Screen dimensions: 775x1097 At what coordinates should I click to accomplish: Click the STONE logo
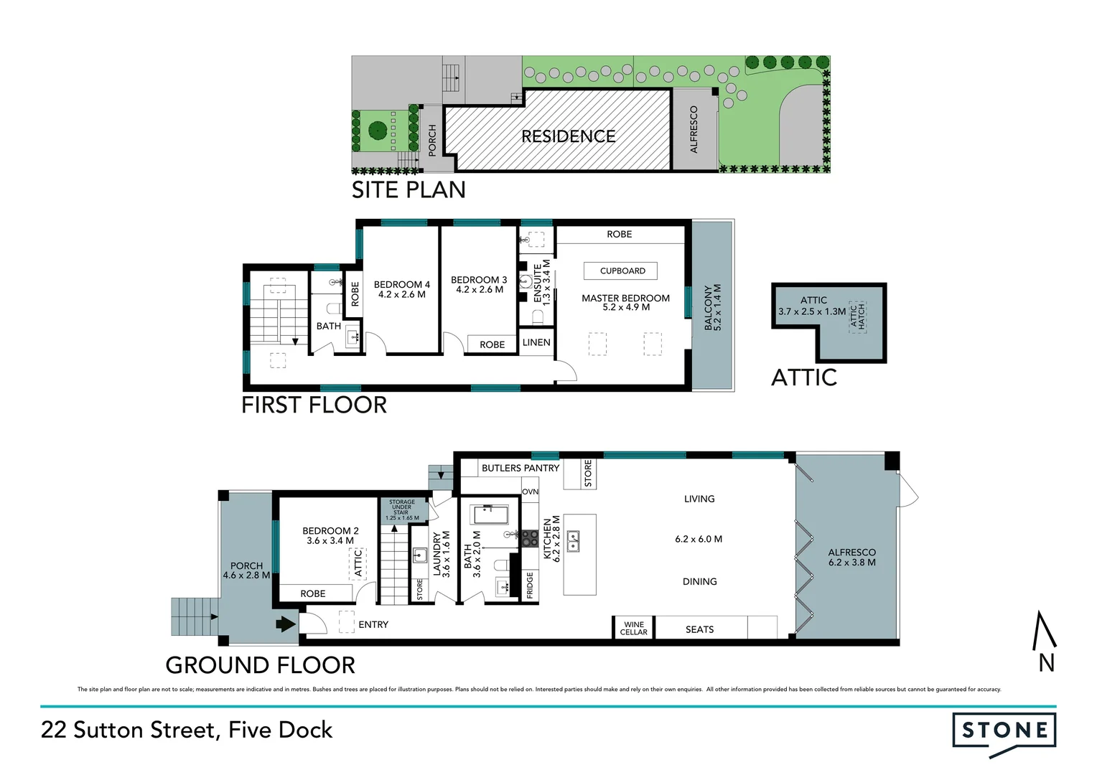[x=1004, y=731]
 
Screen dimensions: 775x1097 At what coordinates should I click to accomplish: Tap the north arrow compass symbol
[x=1045, y=642]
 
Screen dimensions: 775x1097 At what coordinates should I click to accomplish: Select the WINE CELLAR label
[x=633, y=629]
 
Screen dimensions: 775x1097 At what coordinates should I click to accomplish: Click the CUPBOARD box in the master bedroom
[x=622, y=271]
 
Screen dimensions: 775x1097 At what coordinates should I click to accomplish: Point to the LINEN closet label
[x=536, y=342]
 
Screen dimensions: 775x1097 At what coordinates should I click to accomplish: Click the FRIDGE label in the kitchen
[x=530, y=585]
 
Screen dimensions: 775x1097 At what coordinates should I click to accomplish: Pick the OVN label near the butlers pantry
[x=530, y=492]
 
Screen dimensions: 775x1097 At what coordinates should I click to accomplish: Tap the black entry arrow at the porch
[x=286, y=624]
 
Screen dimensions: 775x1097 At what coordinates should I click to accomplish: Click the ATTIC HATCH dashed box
[x=857, y=316]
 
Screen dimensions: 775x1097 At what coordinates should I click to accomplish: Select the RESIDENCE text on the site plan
[x=568, y=136]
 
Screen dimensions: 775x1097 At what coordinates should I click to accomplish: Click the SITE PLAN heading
[x=409, y=190]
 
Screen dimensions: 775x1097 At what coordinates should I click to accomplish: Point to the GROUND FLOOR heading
[x=260, y=665]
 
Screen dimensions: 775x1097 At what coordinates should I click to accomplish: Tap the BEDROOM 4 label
[x=402, y=289]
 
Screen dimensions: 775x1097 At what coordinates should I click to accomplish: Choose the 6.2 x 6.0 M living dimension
[x=699, y=539]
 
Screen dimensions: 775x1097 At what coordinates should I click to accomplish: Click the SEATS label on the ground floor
[x=699, y=629]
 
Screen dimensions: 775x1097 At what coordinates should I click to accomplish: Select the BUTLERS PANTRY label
[x=520, y=468]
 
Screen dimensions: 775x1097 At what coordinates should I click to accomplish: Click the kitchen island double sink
[x=574, y=541]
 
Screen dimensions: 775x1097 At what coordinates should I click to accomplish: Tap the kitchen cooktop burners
[x=530, y=538]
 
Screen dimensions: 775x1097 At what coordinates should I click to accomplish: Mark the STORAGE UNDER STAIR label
[x=402, y=509]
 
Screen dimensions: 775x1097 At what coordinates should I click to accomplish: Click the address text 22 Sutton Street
[x=187, y=731]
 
